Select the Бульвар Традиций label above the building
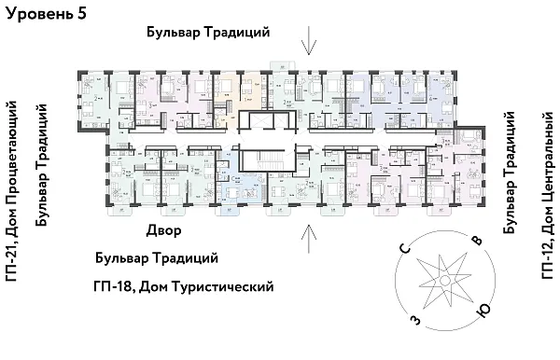pyautogui.click(x=208, y=33)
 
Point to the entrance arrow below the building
pyautogui.click(x=309, y=235)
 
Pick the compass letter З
pyautogui.click(x=413, y=320)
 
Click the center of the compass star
pyautogui.click(x=444, y=281)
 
